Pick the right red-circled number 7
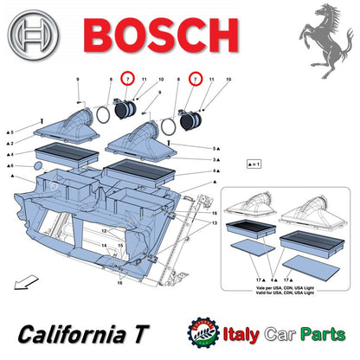(x=196, y=80)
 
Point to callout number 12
(x=103, y=231)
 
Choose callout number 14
(x=103, y=246)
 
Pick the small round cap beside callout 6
(x=38, y=164)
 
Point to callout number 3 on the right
(x=214, y=160)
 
